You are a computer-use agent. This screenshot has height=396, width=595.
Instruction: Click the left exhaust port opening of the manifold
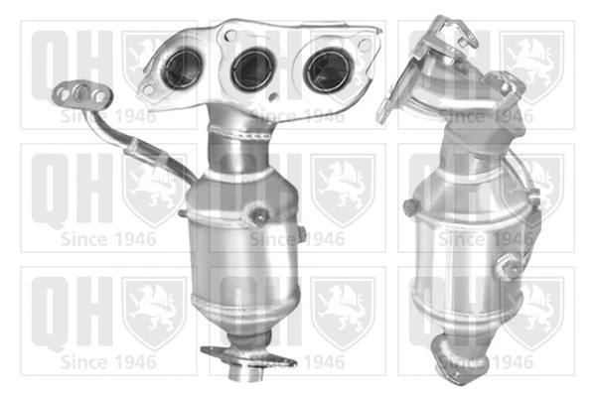[x=182, y=70]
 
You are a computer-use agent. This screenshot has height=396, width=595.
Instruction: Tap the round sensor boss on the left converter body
[x=261, y=212]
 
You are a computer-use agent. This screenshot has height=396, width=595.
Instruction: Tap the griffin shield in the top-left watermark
[x=152, y=64]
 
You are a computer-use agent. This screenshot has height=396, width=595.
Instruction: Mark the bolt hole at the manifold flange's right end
[x=366, y=44]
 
